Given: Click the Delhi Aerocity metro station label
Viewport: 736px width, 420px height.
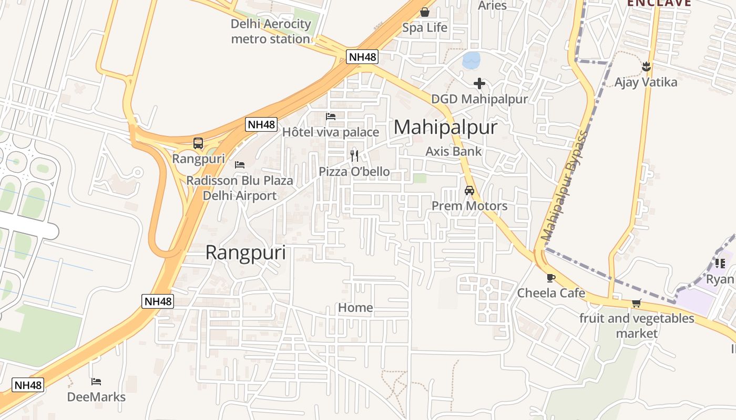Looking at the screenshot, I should (271, 31).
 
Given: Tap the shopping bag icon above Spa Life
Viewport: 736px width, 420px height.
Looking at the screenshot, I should (425, 12).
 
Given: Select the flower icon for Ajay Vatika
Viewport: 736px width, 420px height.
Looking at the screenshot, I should (646, 67).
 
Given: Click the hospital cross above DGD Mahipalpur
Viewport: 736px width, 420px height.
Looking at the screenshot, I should (479, 83).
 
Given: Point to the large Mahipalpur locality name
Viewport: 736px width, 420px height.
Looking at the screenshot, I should (445, 128).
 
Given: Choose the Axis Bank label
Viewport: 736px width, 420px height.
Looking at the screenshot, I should (453, 152).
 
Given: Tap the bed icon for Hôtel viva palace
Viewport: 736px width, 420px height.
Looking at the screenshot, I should (331, 117).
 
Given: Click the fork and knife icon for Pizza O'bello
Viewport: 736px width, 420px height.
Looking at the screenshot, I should (354, 155).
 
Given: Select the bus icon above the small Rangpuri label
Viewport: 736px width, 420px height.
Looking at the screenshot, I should (198, 143).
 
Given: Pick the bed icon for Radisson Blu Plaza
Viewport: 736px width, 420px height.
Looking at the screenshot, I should (240, 165).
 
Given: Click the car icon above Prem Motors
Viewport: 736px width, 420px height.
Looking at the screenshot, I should (469, 191).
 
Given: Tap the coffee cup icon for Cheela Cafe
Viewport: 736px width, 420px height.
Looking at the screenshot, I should (550, 278).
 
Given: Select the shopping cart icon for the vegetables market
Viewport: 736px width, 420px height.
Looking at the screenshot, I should (637, 303).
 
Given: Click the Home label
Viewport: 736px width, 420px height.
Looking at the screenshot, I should (355, 308).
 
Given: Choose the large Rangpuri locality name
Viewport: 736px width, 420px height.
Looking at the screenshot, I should (246, 253).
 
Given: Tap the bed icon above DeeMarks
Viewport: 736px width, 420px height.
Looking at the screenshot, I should (96, 382).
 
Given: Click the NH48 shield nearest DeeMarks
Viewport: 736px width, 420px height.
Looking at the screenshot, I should (28, 385).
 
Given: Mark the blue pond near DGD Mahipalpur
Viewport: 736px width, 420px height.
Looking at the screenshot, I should (471, 60).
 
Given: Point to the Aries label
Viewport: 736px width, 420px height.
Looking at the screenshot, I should (492, 6).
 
